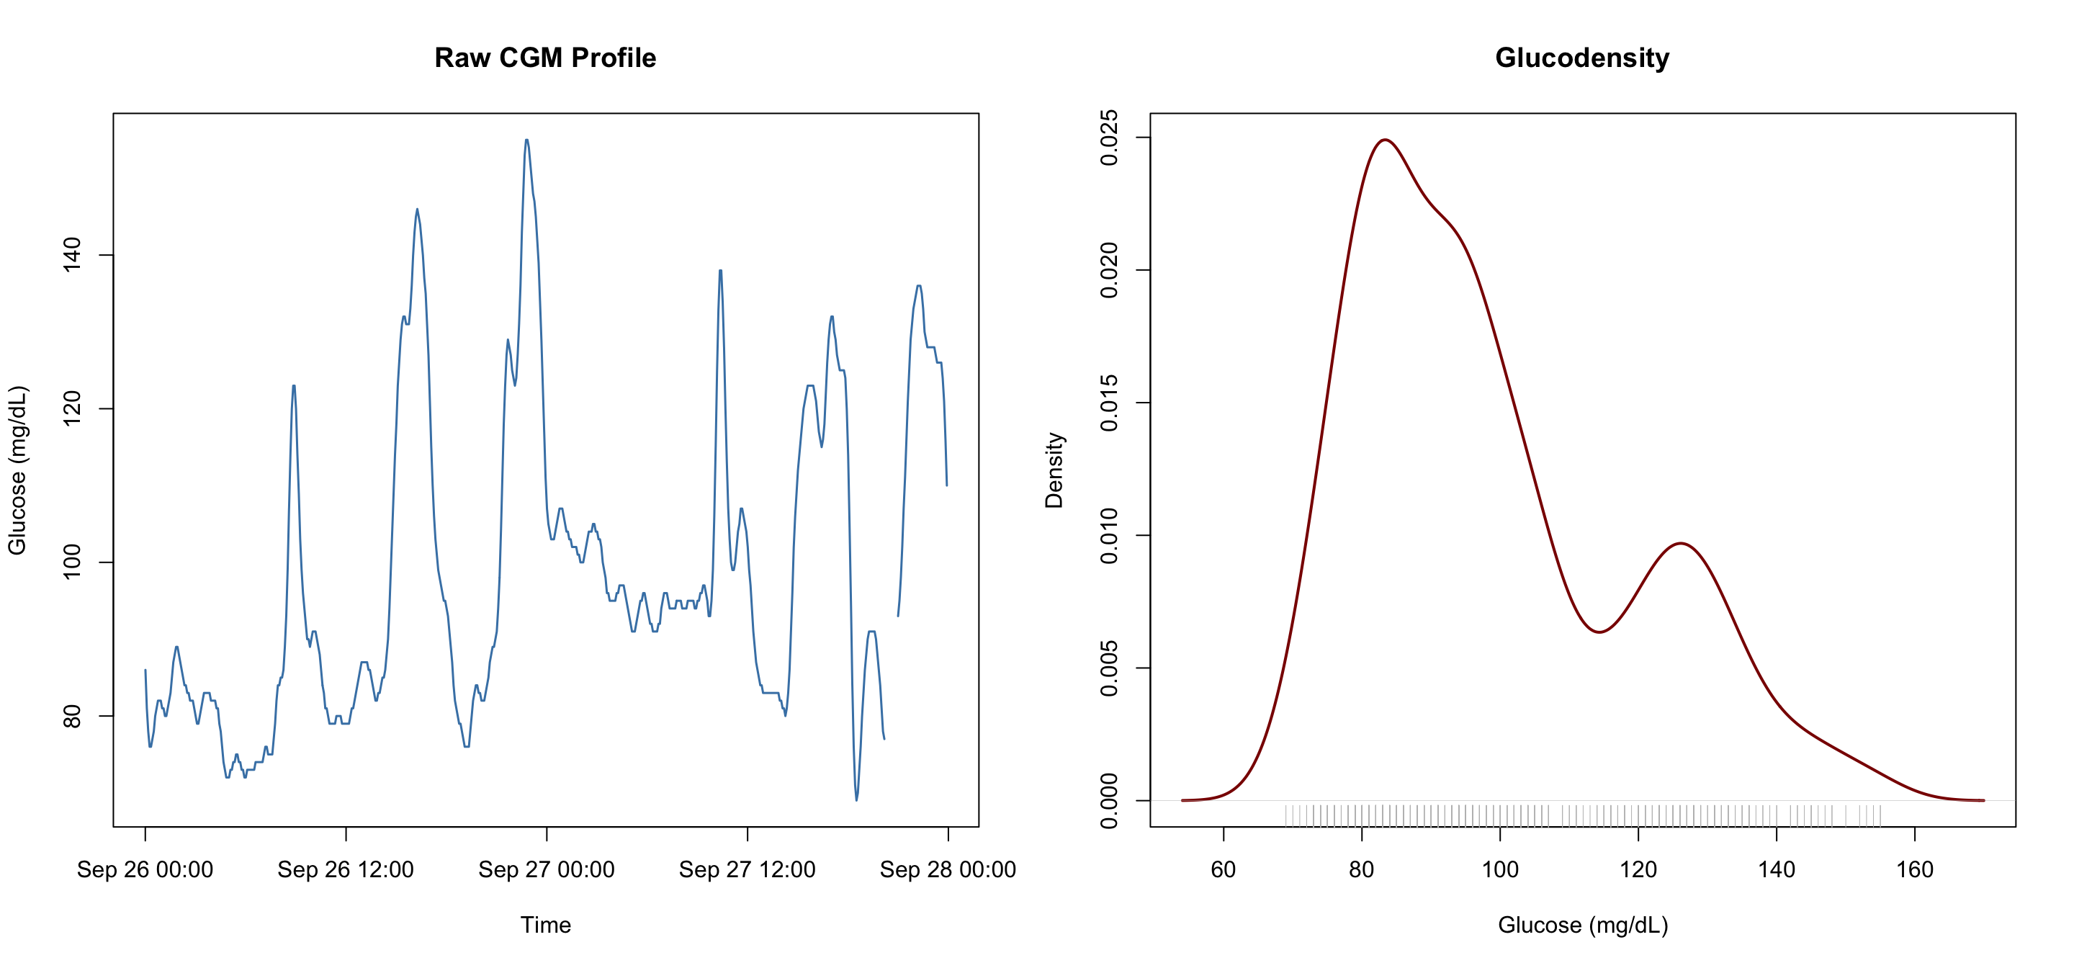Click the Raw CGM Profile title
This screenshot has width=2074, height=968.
[545, 58]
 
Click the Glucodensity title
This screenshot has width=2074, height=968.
[1582, 58]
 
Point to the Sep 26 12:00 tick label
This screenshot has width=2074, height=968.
[346, 870]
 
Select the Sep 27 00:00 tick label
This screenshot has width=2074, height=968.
[546, 870]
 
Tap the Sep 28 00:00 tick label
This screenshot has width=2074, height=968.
[948, 870]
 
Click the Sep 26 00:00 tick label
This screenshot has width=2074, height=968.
[145, 870]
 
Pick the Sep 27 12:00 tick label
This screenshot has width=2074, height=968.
[748, 870]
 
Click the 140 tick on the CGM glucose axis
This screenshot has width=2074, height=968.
[72, 255]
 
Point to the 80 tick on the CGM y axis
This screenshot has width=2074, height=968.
[72, 716]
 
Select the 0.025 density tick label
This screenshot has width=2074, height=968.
[1109, 138]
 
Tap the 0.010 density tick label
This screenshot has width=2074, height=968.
[1109, 536]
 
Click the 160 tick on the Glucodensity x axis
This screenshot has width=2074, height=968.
[1915, 870]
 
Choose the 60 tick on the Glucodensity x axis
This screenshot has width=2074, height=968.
[1223, 870]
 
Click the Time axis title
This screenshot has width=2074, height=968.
[545, 925]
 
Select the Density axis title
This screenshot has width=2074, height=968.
[1054, 470]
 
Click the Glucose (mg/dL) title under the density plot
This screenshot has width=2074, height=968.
[1582, 925]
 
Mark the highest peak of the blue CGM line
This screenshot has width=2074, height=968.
[526, 140]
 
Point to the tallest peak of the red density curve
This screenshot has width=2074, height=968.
[1384, 140]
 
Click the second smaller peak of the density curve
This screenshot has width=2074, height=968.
[1681, 544]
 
